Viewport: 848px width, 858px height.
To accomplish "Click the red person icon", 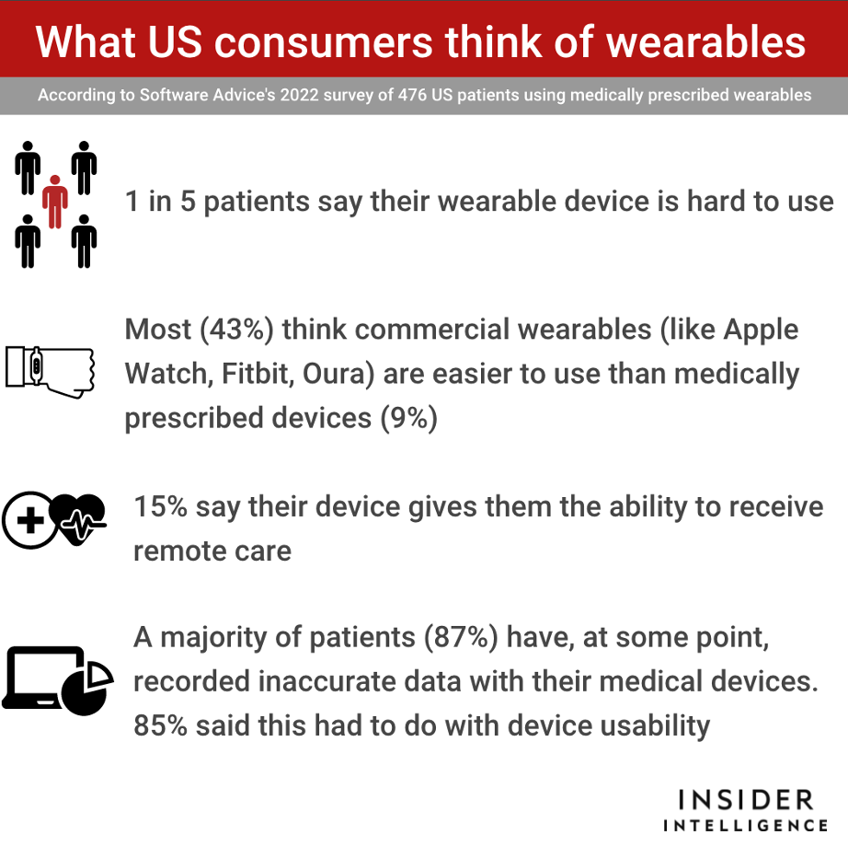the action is click(x=55, y=202).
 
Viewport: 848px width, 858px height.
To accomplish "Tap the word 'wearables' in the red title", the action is click(x=705, y=42).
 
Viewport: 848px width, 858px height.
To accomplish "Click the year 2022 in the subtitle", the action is click(x=299, y=95).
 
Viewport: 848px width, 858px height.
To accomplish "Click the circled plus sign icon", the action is click(x=30, y=520).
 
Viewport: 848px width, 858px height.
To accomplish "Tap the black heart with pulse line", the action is click(x=77, y=518).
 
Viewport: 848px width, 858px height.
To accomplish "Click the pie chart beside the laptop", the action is click(x=87, y=688).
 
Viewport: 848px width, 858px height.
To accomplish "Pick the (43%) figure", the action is click(x=236, y=330).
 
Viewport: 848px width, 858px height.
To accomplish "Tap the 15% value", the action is click(x=161, y=506).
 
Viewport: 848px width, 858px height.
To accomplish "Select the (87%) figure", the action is click(x=461, y=637).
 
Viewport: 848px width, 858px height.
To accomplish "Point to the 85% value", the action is click(x=161, y=725).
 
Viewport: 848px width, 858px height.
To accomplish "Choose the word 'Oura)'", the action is click(x=338, y=375).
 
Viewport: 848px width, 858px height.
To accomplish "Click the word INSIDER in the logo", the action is click(x=746, y=800).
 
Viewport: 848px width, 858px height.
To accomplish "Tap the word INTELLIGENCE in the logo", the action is click(x=746, y=825).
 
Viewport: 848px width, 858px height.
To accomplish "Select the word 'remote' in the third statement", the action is click(x=172, y=551).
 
